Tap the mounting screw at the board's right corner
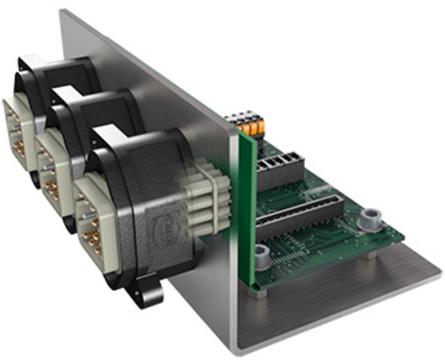pyautogui.click(x=368, y=217)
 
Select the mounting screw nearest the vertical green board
pyautogui.click(x=262, y=253)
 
